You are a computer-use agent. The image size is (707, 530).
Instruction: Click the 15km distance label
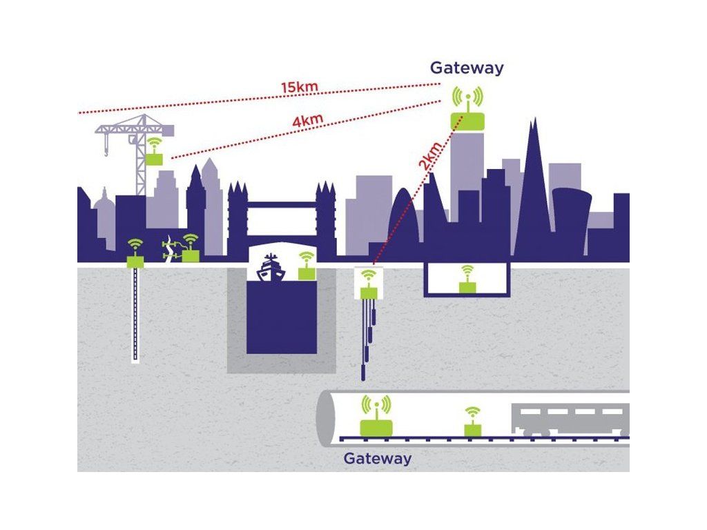[x=299, y=88]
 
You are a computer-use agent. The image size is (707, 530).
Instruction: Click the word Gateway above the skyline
[x=467, y=68]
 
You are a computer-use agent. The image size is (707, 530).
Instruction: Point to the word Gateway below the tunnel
[x=377, y=458]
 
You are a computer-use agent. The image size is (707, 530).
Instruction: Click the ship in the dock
[x=271, y=268]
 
